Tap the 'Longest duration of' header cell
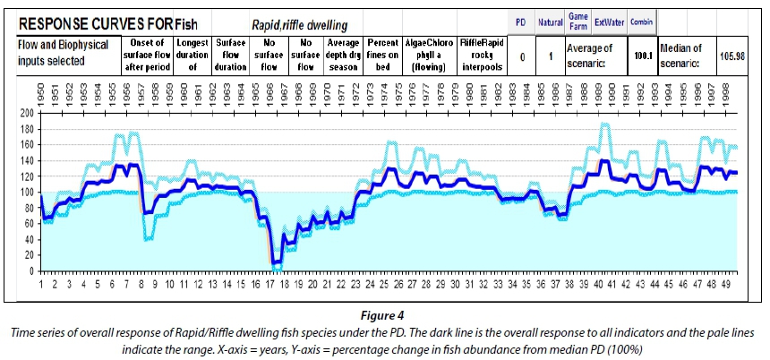192,54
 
